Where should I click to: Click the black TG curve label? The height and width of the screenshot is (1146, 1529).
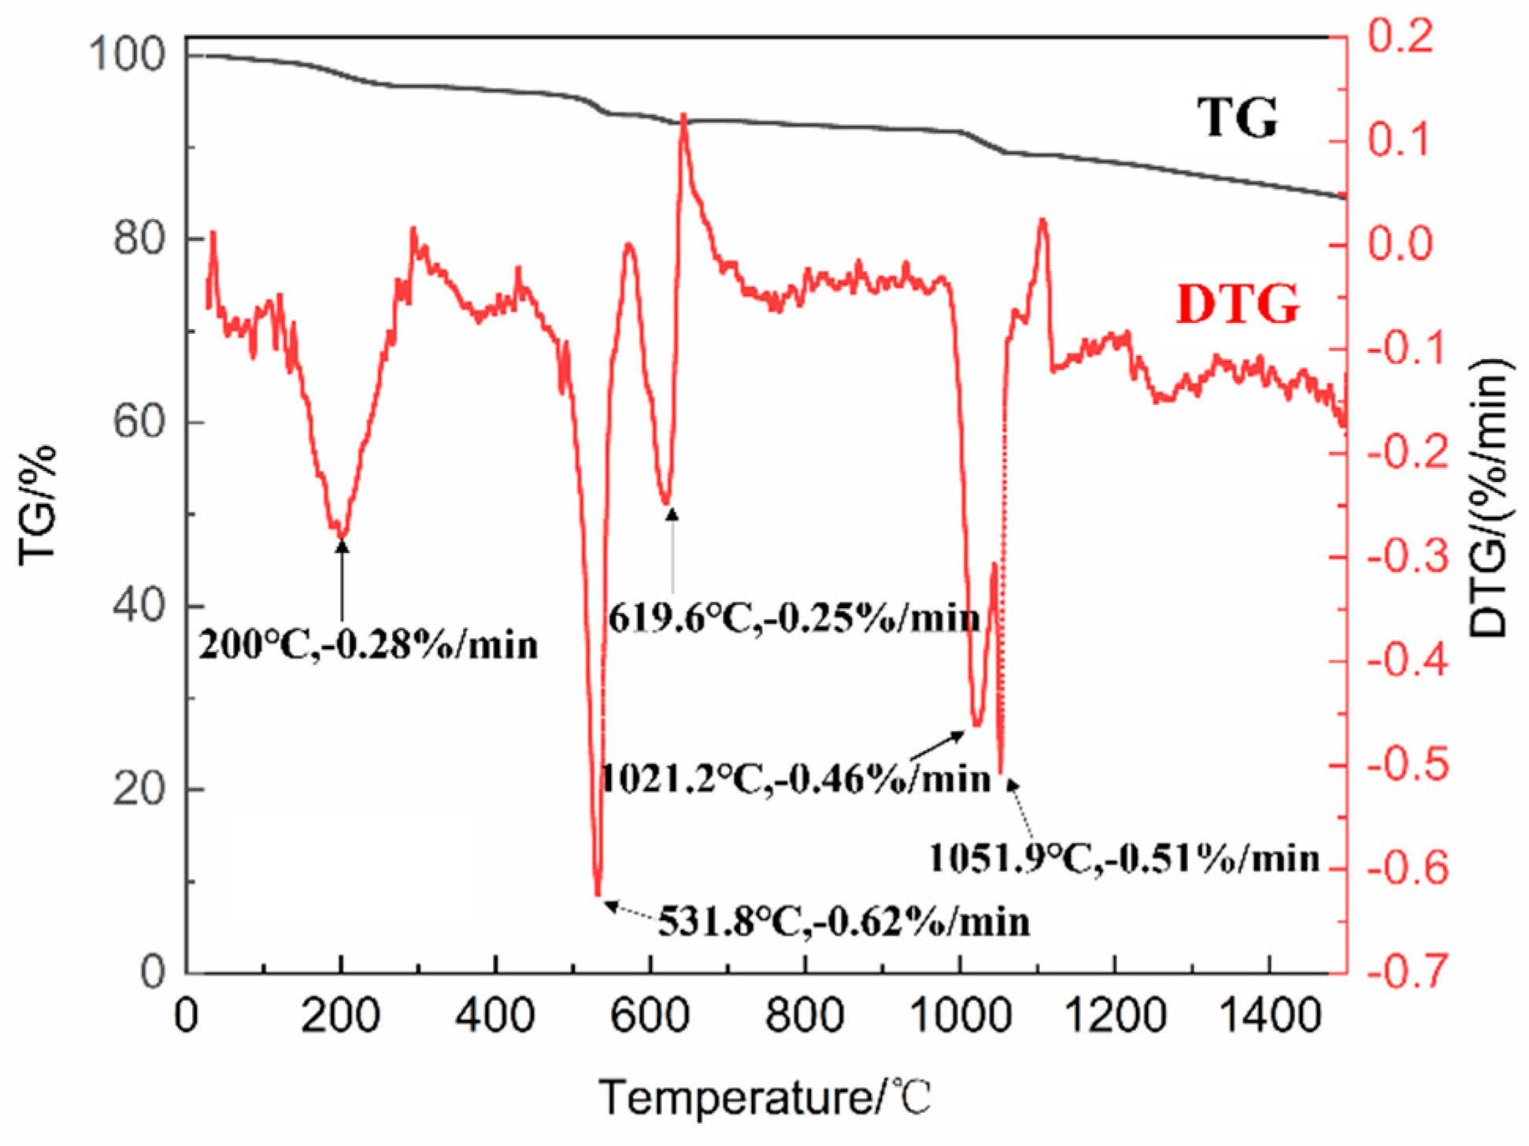point(1237,118)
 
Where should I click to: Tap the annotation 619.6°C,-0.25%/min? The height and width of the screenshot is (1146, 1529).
point(794,619)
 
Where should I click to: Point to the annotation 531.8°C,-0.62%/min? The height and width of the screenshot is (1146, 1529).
point(844,921)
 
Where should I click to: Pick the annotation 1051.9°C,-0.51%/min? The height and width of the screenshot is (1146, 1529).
point(1124,858)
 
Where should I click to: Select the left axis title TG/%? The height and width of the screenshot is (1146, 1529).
point(37,504)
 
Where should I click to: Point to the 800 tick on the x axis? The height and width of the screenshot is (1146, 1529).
point(804,1015)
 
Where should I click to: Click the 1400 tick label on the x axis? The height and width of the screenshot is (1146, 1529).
point(1269,1015)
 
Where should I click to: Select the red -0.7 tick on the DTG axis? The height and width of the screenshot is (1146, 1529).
point(1408,972)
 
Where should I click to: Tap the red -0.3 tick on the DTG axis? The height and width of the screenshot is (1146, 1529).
point(1408,556)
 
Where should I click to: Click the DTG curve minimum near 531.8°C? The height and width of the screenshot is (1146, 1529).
point(598,894)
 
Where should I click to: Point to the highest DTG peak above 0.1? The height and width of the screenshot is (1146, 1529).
point(683,116)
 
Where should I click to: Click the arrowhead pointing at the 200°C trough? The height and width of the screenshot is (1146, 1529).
point(342,545)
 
